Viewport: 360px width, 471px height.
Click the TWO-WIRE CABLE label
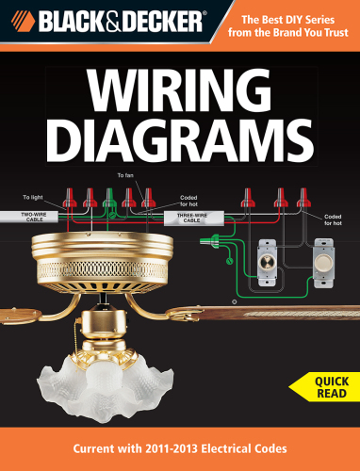(36, 217)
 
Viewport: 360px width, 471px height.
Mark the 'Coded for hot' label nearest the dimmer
(333, 219)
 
